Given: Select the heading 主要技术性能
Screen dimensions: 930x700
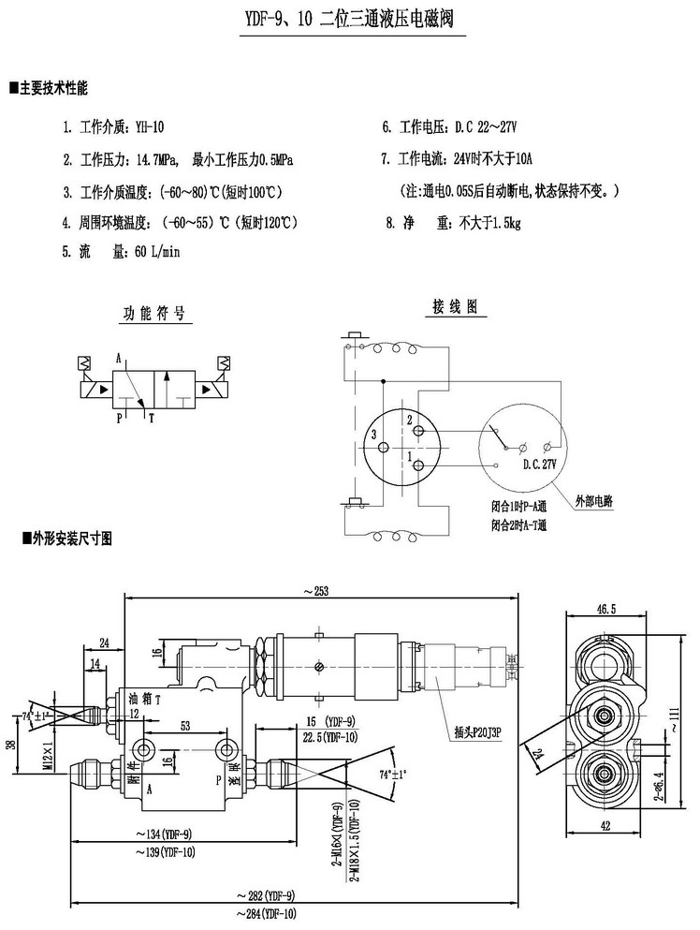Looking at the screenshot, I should pos(53,89).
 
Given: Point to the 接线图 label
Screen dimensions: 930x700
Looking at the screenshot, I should pos(455,306).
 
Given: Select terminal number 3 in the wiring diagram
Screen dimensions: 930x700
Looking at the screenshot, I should pos(372,435).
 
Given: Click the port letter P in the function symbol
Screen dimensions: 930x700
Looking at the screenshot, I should pos(119,419).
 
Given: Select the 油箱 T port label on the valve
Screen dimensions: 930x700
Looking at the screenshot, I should pos(145,698).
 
